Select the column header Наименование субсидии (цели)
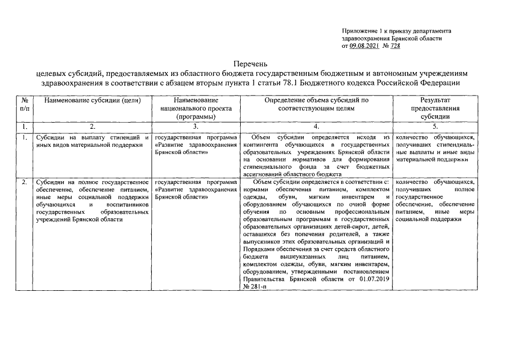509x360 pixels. click(92, 100)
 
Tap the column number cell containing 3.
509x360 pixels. click(196, 127)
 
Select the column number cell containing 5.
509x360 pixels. click(436, 127)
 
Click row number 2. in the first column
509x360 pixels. click(24, 182)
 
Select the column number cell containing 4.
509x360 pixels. click(317, 127)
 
